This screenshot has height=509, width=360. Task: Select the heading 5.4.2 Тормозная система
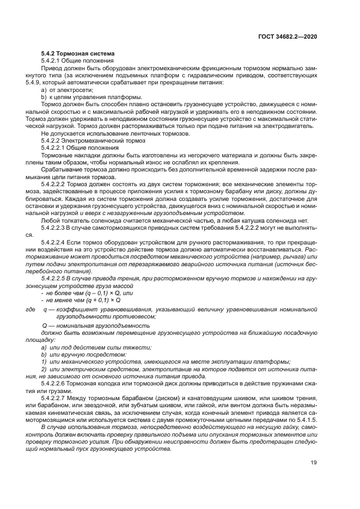[x=78, y=54]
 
